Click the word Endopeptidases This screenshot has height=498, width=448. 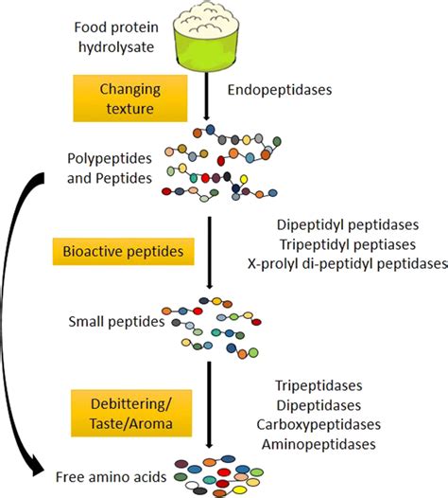coord(271,92)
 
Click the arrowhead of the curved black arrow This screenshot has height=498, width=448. coord(39,468)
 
